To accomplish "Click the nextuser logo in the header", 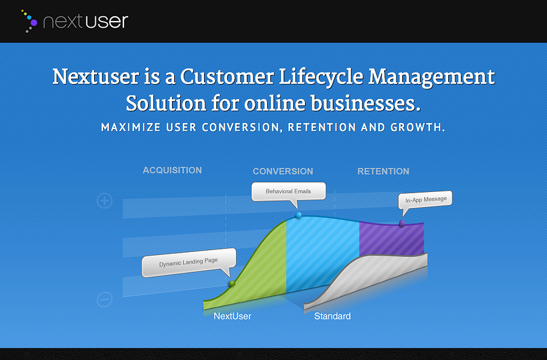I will point(75,22).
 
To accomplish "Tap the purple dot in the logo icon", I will point(34,22).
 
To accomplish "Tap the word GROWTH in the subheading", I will point(414,128).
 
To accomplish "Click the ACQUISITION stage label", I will point(172,170).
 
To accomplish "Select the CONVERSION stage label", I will point(283,172).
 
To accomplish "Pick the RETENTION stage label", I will point(383,172).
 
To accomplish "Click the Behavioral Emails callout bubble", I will point(289,191).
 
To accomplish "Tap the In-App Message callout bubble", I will point(425,200).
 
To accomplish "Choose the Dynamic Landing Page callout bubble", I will point(188,262).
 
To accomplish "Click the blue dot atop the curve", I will point(298,215).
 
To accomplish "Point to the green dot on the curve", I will point(232,283).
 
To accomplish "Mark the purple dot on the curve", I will point(401,223).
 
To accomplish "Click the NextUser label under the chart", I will point(232,316).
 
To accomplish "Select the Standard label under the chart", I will point(333,316).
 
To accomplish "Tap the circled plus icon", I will point(105,200).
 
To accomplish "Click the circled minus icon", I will point(105,299).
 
